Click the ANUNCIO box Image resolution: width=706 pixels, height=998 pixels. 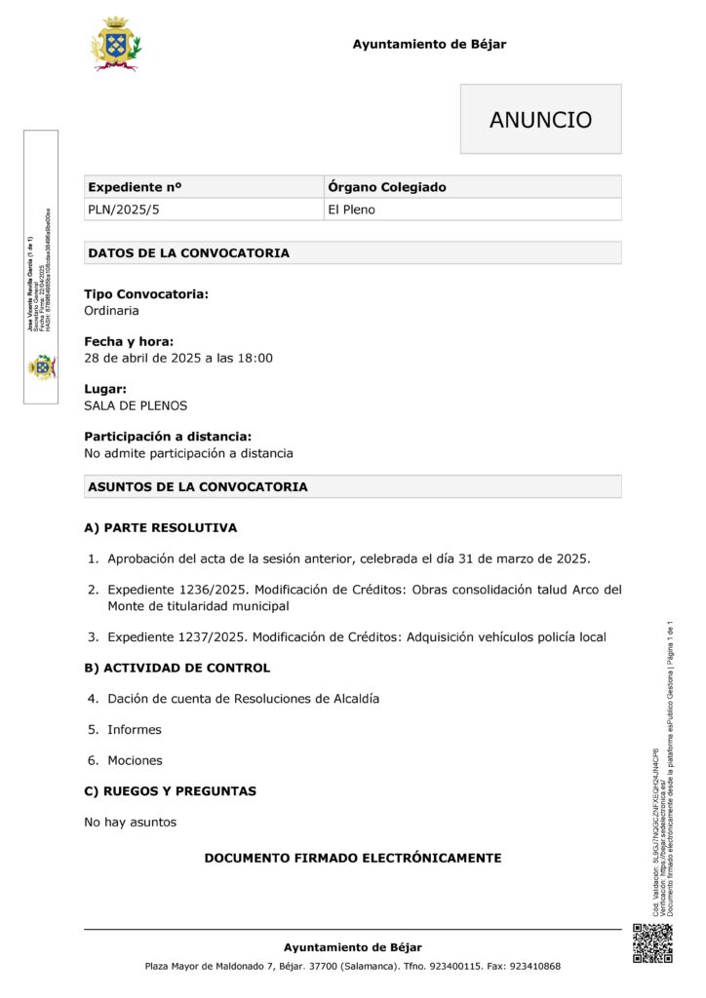(x=540, y=120)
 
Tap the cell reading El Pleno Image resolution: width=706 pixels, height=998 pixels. (x=351, y=210)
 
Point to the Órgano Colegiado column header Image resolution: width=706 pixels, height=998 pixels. (x=387, y=187)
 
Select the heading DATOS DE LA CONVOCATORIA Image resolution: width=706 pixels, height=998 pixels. (x=188, y=253)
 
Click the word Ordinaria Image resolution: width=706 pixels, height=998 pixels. (x=111, y=311)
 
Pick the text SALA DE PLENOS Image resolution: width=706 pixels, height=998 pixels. (x=136, y=405)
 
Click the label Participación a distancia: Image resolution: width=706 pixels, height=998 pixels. (x=168, y=437)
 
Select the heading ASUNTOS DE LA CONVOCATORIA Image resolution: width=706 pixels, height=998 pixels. (x=198, y=486)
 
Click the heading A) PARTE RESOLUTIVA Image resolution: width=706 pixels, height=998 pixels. (x=160, y=528)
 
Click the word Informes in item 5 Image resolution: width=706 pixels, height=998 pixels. (x=135, y=729)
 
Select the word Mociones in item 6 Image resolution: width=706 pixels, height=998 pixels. (x=135, y=760)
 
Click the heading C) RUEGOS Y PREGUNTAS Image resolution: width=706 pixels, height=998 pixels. (x=170, y=791)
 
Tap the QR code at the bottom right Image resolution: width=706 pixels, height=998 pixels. (x=652, y=942)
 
